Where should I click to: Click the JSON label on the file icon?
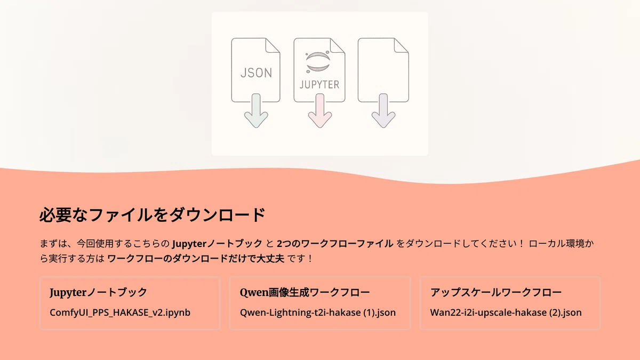point(256,73)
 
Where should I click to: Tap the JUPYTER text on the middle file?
point(319,85)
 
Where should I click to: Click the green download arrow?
point(256,111)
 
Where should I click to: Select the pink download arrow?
point(319,111)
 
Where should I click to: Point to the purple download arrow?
point(383,111)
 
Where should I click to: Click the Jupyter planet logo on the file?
point(318,62)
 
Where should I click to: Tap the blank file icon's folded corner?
point(402,46)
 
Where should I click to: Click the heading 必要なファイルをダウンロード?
point(153,215)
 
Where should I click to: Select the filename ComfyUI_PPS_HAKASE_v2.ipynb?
point(120,313)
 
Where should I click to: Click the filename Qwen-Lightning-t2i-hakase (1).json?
point(318,313)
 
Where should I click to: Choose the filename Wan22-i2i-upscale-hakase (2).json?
point(506,313)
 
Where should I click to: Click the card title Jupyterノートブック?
point(98,292)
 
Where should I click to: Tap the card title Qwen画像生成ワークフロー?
point(305,292)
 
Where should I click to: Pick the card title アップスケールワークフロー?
point(496,292)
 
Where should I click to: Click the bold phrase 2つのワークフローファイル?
point(335,243)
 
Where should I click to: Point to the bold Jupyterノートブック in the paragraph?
point(217,243)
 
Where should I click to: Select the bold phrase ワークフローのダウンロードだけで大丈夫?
point(196,259)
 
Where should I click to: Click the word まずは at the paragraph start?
point(53,243)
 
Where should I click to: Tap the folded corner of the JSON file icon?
point(273,46)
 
